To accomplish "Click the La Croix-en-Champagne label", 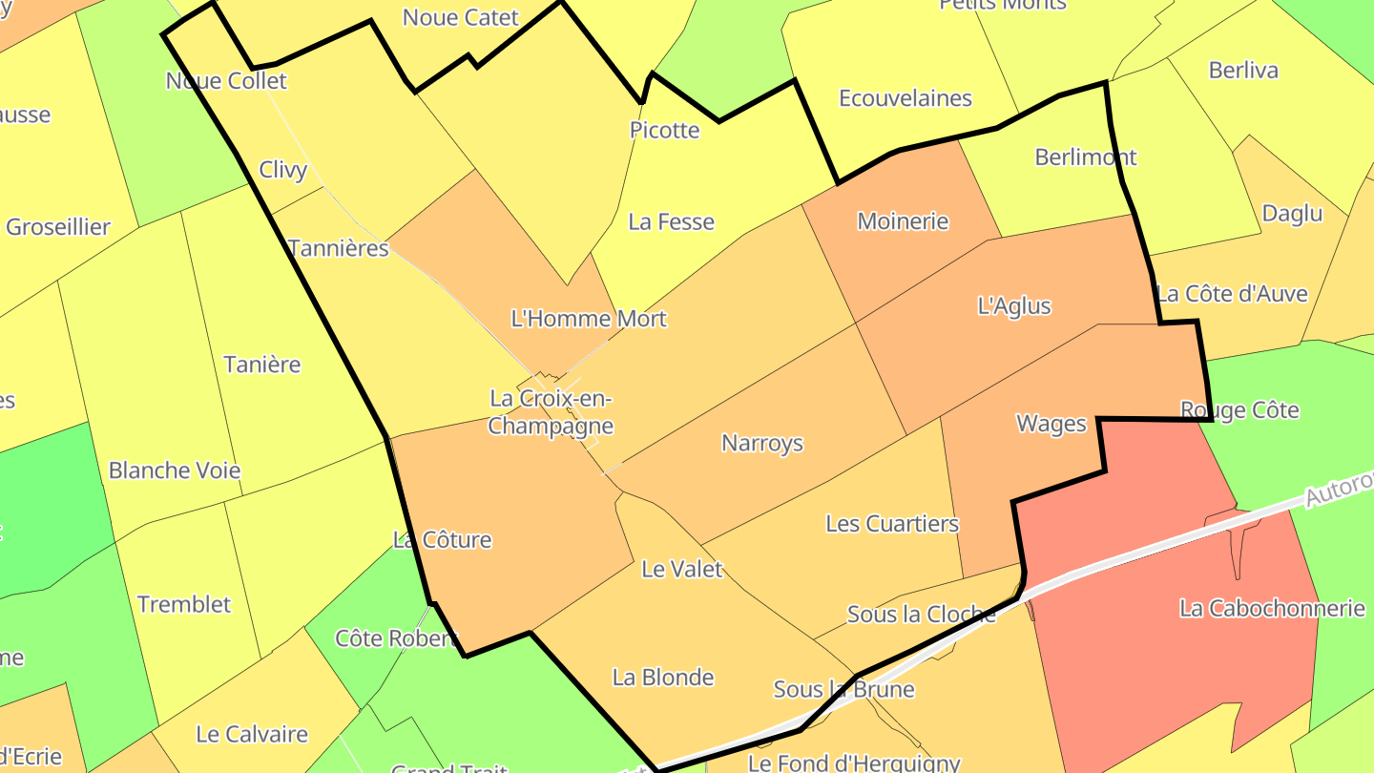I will click(551, 412).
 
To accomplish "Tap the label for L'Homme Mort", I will click(589, 319).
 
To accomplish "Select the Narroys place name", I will click(762, 443).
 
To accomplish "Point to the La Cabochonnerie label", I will click(1272, 608).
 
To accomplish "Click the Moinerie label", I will click(903, 221).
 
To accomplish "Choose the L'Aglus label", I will click(1014, 306).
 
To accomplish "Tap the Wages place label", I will click(1051, 424).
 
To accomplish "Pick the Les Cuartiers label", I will click(892, 523).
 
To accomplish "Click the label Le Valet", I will click(682, 570).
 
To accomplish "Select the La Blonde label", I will click(663, 678).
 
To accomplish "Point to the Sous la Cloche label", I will click(921, 615).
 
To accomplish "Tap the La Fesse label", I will click(671, 222).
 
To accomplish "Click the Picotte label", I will click(664, 131).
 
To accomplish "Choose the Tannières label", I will click(338, 249).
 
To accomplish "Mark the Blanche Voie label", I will click(175, 470).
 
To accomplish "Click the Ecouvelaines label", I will click(905, 98).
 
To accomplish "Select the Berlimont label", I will click(1086, 157).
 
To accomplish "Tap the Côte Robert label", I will click(396, 638).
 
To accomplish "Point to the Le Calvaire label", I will click(252, 734).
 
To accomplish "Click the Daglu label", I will click(1292, 213).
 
